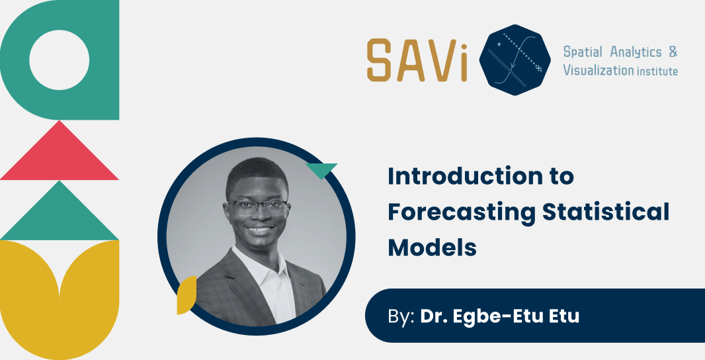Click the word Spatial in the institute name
(583, 52)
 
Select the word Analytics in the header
(636, 52)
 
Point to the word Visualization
(598, 70)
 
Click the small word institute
(657, 71)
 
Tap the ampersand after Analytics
(673, 52)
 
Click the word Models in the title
(432, 247)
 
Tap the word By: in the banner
(401, 316)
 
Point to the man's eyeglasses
(257, 207)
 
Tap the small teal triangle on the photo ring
(323, 170)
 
